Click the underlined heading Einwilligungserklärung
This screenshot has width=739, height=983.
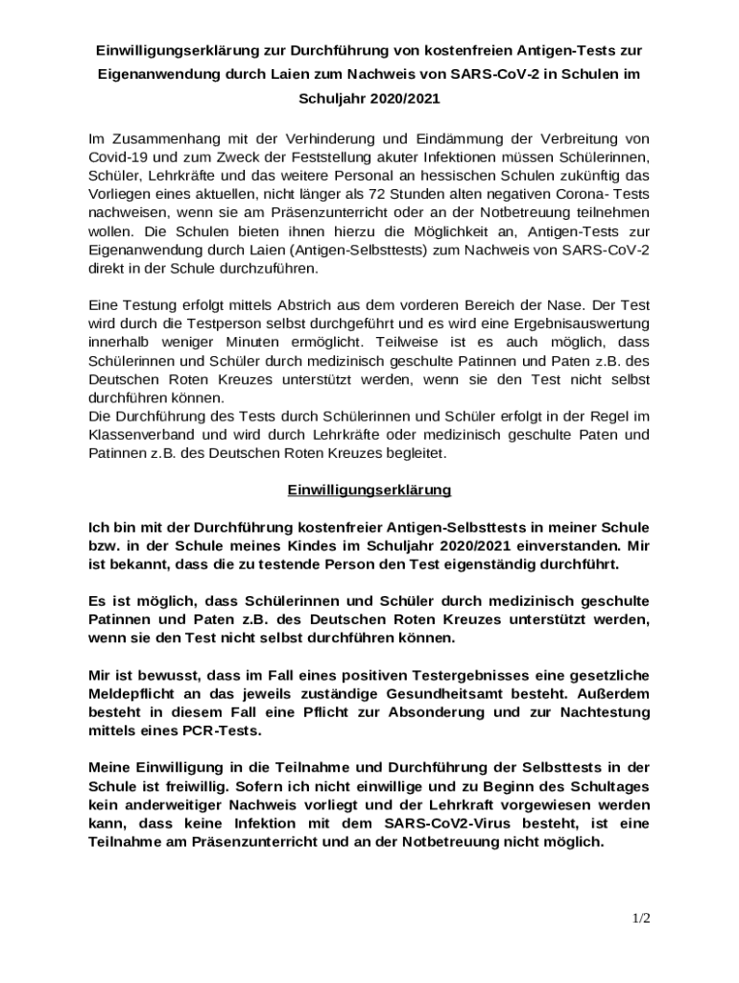[x=369, y=490]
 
